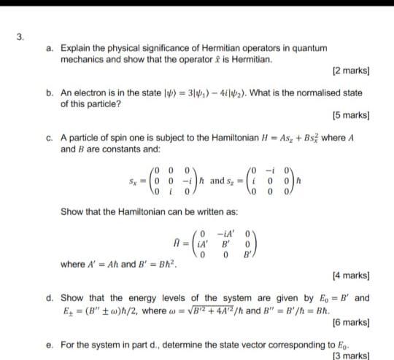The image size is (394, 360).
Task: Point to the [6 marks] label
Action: (350, 321)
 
